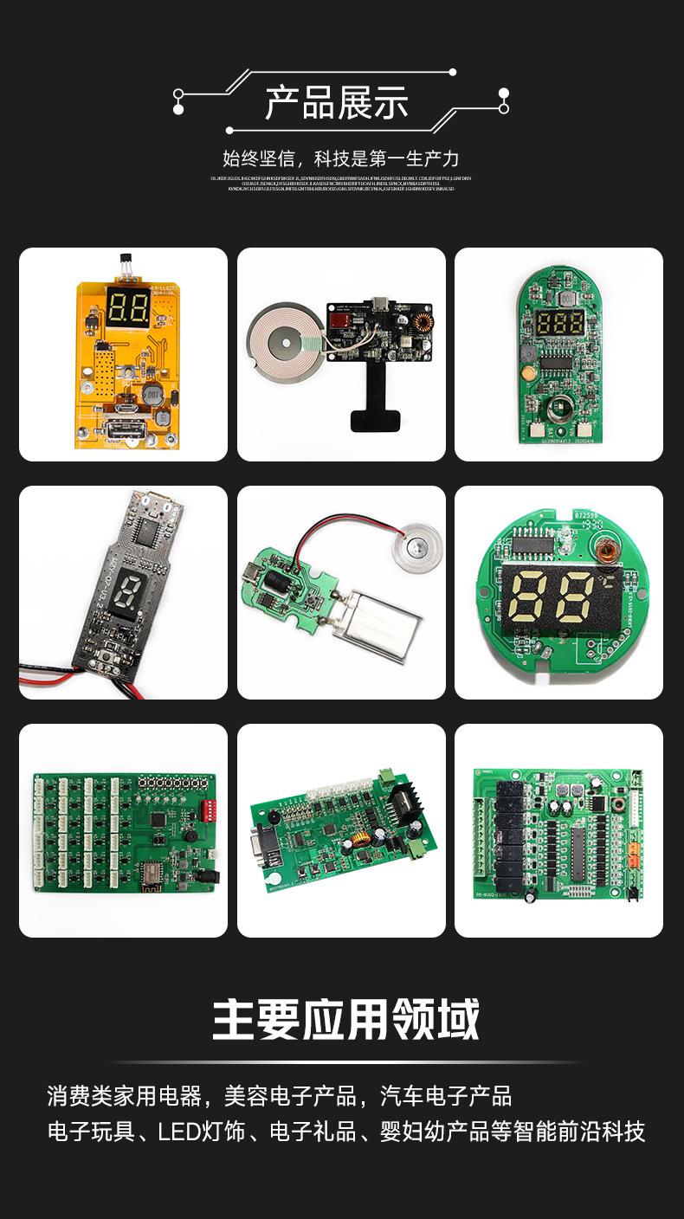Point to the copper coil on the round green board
(603, 546)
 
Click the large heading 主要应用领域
(345, 1020)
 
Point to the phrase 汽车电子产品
(446, 1096)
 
